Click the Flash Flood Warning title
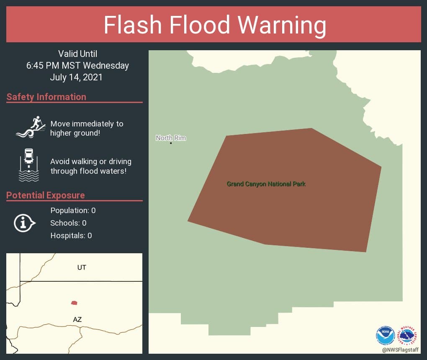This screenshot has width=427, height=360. [215, 25]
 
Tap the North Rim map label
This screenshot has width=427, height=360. [171, 138]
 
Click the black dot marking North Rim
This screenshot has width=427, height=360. [171, 143]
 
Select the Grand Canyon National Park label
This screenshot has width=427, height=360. [266, 184]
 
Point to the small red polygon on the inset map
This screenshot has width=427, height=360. [74, 303]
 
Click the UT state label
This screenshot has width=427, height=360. [82, 267]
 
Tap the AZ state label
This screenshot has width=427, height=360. [77, 319]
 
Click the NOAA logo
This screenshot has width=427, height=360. [385, 336]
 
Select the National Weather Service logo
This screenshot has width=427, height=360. [408, 335]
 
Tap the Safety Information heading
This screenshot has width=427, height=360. [46, 97]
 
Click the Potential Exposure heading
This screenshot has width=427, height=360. [46, 195]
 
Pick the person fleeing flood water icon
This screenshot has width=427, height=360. [31, 127]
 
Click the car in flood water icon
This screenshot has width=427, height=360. [29, 165]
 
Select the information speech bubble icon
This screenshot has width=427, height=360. [24, 223]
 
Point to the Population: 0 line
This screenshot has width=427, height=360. [73, 211]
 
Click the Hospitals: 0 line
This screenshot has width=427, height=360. [71, 236]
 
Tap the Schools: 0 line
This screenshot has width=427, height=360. [68, 223]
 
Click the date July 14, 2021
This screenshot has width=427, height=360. [76, 77]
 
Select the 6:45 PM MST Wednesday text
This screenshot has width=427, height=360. [77, 66]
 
